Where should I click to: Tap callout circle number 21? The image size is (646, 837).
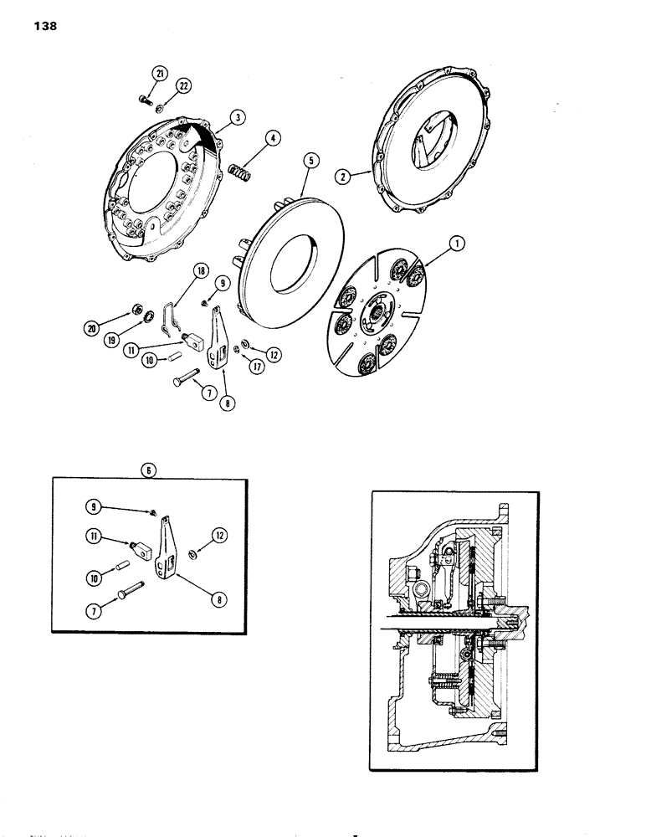(x=156, y=73)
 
